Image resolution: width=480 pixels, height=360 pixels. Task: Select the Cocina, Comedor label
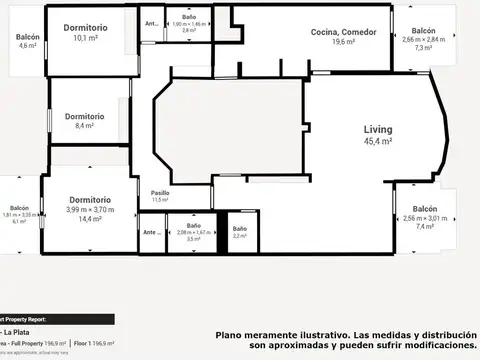point(344,32)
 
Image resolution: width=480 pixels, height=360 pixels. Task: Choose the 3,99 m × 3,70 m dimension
point(90,209)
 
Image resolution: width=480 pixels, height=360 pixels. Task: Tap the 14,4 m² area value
point(90,219)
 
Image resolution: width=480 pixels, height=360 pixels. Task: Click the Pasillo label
point(160,192)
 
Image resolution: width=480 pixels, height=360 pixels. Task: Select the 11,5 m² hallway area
point(160,200)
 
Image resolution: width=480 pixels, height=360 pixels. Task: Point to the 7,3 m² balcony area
point(423,47)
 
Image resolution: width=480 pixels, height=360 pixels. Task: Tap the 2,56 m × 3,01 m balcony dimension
point(423,218)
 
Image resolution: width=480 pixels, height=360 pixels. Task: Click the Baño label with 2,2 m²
point(240,228)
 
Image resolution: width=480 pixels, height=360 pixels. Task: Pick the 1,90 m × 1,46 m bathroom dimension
point(189,23)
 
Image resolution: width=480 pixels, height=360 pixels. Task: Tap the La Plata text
point(16,332)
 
